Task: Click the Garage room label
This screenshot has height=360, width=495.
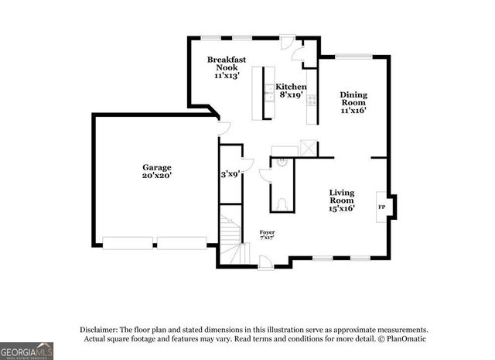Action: (x=156, y=167)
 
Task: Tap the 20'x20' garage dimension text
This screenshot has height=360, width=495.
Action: (x=156, y=176)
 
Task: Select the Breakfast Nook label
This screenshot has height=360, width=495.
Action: (x=227, y=63)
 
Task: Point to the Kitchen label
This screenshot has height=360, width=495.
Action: (x=291, y=87)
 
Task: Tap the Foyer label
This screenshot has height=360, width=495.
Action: (x=267, y=232)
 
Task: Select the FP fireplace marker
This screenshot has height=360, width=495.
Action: (x=381, y=207)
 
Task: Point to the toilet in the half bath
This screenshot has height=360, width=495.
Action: (x=282, y=204)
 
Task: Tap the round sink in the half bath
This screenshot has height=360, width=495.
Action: (x=282, y=163)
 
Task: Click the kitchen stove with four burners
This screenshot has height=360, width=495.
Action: (x=312, y=100)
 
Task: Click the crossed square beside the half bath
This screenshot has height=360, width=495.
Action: (x=308, y=147)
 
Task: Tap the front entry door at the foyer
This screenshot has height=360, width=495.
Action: (x=265, y=263)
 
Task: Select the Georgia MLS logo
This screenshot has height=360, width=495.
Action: (x=26, y=351)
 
